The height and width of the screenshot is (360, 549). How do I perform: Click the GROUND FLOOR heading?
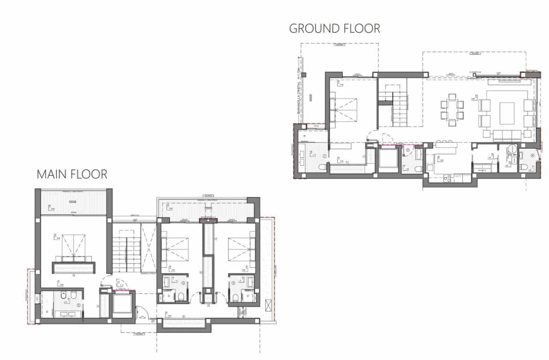(x=334, y=29)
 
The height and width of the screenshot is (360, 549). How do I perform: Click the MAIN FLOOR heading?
(x=72, y=174)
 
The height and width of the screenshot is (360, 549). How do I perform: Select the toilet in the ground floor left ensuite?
(x=323, y=167)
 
